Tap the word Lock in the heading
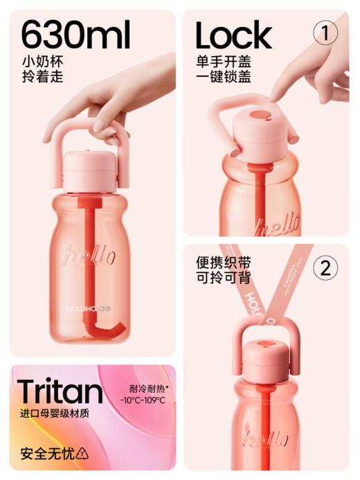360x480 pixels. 233,35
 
